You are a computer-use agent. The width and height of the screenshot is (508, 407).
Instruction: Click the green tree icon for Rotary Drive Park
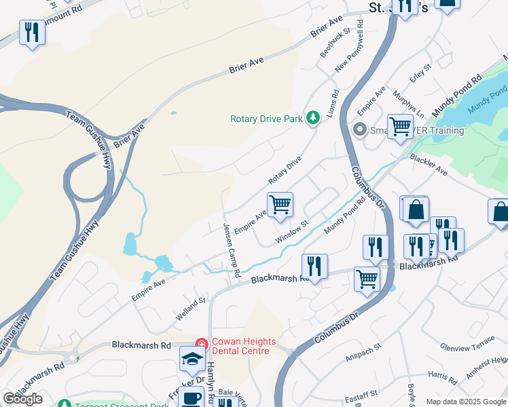313,119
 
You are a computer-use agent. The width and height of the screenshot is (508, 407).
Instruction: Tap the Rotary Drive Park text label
266,119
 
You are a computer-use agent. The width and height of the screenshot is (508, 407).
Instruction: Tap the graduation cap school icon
193,358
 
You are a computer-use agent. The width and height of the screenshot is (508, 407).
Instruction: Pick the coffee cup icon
192,398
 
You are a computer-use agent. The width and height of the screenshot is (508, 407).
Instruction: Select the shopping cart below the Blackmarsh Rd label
367,278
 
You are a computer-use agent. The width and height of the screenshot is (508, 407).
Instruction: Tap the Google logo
22,399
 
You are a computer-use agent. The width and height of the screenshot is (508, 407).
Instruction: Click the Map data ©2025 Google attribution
465,402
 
